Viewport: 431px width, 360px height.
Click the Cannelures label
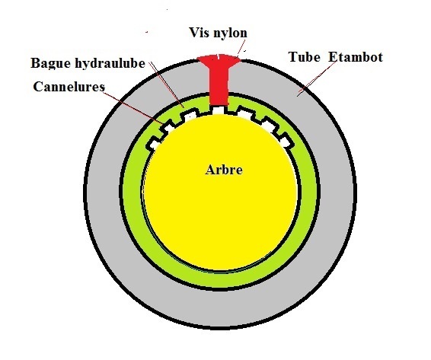[x=69, y=87]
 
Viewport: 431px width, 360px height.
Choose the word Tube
[x=305, y=57]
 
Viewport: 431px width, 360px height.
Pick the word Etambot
[x=356, y=57]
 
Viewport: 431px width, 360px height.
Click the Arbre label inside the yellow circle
[x=224, y=170]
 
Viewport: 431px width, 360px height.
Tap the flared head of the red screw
[x=219, y=60]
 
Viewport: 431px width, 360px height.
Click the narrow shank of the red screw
[x=219, y=86]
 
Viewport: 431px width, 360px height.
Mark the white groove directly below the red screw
[x=219, y=110]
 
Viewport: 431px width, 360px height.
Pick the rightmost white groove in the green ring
[x=285, y=141]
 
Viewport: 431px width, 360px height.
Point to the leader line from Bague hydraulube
[x=167, y=84]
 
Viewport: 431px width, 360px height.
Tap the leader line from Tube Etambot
[x=317, y=79]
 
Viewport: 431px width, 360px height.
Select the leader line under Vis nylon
[x=241, y=49]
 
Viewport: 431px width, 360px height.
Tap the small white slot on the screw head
[x=218, y=57]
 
